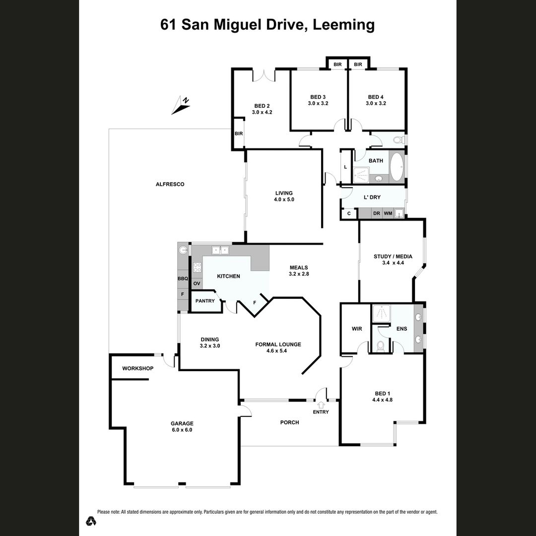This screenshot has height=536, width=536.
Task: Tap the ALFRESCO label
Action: [x=170, y=184]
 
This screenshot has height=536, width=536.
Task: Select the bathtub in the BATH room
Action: [x=397, y=168]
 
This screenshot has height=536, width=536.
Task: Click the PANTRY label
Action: [x=205, y=301]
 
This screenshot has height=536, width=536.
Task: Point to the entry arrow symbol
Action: [x=321, y=404]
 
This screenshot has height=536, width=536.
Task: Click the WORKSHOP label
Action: [x=137, y=368]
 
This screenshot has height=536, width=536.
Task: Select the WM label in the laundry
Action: [x=388, y=213]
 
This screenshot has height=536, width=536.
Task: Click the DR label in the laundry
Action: [x=376, y=213]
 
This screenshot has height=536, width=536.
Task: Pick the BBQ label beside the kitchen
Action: [x=183, y=279]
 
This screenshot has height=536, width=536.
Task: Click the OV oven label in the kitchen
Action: [x=197, y=283]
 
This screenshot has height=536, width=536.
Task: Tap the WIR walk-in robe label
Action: [x=356, y=329]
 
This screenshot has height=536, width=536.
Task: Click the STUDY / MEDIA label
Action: [x=393, y=257]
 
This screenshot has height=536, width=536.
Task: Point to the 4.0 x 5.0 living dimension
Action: [x=284, y=200]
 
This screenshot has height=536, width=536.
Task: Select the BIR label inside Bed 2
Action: [x=239, y=134]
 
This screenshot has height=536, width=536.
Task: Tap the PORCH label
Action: [x=289, y=422]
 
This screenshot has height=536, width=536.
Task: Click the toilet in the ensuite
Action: [x=381, y=345]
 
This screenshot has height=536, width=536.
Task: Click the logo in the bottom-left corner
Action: [x=90, y=521]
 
